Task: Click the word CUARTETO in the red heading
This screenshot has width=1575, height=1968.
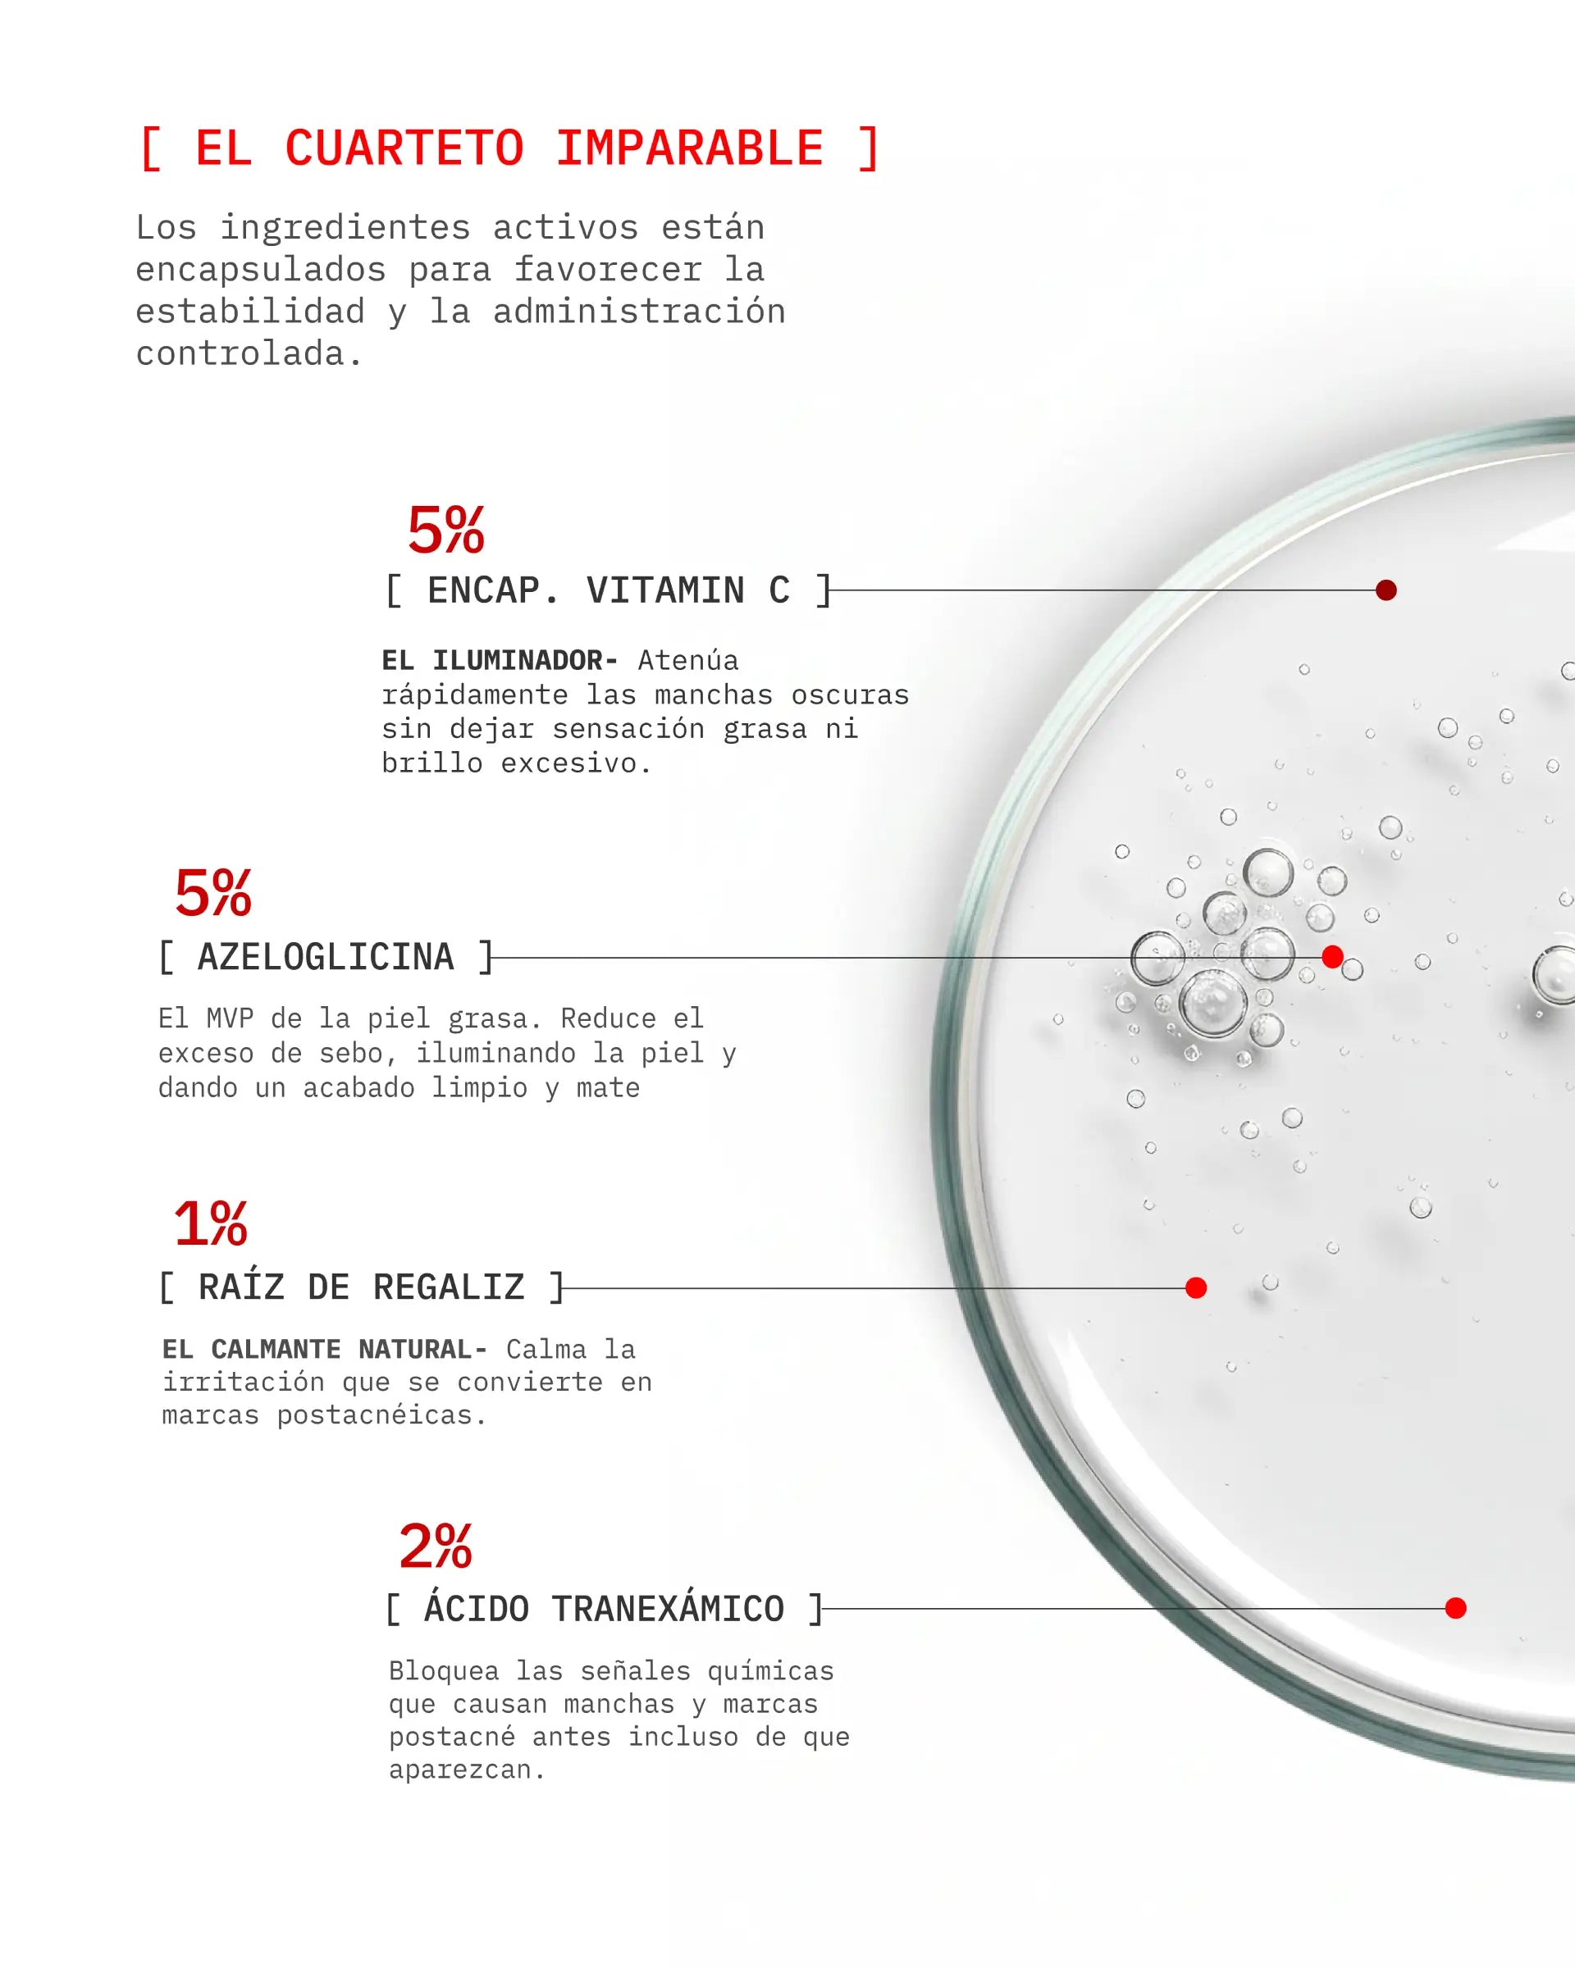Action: [x=404, y=148]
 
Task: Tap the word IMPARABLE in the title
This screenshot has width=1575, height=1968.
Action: [x=689, y=148]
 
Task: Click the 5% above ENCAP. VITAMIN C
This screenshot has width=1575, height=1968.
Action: [x=445, y=531]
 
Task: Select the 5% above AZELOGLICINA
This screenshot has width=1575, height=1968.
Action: [x=212, y=893]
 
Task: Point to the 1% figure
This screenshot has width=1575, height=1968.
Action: [x=210, y=1223]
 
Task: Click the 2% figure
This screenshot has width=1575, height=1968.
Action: [x=436, y=1547]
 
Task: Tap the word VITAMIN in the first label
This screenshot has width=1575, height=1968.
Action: [x=664, y=590]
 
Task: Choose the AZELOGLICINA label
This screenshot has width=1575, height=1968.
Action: [x=326, y=958]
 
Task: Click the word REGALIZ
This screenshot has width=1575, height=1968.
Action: [x=449, y=1287]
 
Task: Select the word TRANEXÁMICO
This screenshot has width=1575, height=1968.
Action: [x=668, y=1607]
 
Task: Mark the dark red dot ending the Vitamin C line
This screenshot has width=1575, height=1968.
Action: [x=1386, y=590]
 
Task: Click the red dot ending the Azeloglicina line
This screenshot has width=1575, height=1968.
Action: [x=1332, y=957]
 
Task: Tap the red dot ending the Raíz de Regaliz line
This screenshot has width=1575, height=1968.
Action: [x=1196, y=1288]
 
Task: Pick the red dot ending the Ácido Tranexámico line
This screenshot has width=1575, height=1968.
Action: [x=1456, y=1608]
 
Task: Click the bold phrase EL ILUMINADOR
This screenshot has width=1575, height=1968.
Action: [x=500, y=660]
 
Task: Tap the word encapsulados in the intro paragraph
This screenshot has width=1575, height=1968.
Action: [x=260, y=270]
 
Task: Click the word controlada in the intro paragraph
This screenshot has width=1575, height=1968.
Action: [x=240, y=354]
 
